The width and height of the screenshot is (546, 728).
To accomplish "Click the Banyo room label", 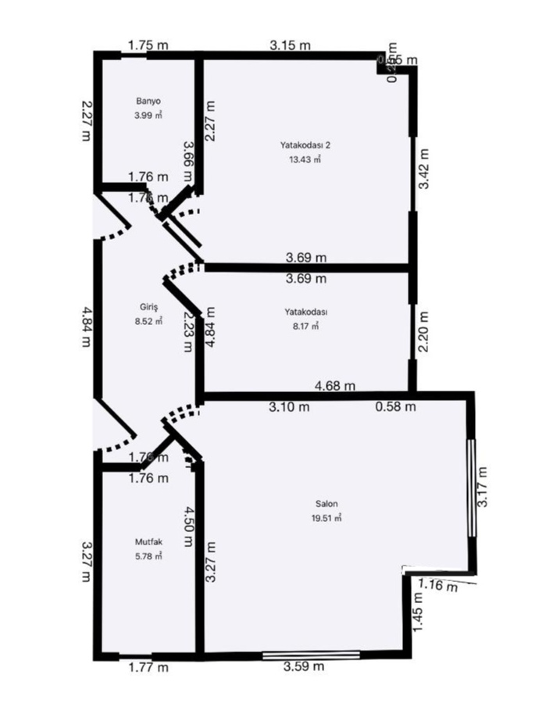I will (x=148, y=102).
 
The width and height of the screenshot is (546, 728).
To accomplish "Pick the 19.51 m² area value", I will (x=328, y=517).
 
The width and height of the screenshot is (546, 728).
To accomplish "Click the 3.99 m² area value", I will (x=148, y=116).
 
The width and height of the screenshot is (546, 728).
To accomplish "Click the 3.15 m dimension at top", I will (x=291, y=45).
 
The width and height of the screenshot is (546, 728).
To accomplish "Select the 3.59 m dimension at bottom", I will (x=304, y=666).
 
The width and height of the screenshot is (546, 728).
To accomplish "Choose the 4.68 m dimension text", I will (x=334, y=385).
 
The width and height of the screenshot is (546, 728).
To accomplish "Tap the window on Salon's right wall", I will (x=471, y=487).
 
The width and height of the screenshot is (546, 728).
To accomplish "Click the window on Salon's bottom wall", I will (x=311, y=655).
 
